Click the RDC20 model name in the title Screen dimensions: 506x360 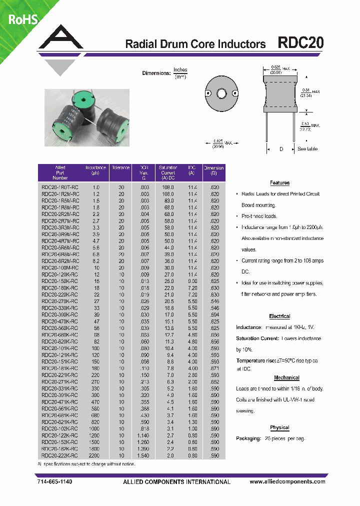click(300, 43)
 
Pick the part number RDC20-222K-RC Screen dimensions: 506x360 click(59, 455)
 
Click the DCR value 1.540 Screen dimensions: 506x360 click(143, 455)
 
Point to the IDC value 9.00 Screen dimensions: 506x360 click(192, 281)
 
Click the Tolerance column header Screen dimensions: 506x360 click(121, 168)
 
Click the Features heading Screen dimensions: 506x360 click(279, 183)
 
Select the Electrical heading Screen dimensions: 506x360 click(279, 316)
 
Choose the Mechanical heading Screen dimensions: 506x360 click(286, 378)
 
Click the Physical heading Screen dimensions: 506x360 click(279, 427)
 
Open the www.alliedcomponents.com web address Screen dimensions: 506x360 click(287, 481)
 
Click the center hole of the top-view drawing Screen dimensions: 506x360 click(221, 93)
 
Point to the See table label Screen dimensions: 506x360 click(307, 149)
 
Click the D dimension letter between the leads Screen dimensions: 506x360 click(280, 149)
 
